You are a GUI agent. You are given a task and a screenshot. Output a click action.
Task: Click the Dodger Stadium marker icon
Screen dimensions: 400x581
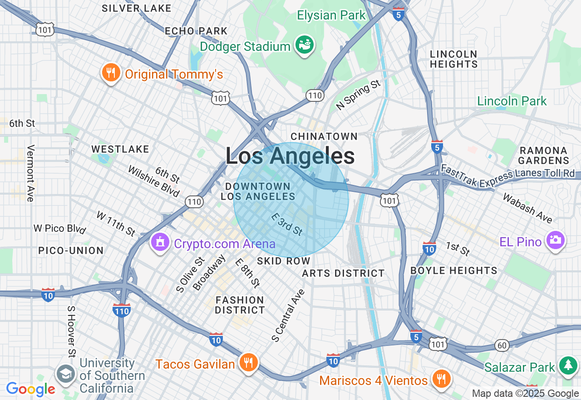tap(305, 45)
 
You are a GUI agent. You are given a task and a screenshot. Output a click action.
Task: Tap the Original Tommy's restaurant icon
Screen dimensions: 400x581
tap(110, 73)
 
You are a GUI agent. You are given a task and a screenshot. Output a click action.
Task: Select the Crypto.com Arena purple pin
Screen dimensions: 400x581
tap(160, 243)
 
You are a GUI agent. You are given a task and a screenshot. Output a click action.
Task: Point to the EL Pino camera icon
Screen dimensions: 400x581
tap(556, 240)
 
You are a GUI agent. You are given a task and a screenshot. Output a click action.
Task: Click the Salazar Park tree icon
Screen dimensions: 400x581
tap(568, 365)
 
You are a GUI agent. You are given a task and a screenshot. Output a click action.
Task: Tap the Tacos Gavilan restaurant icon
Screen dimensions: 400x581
tap(248, 363)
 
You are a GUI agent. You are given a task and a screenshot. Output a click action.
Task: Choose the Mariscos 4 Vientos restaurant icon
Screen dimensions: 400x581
tap(440, 379)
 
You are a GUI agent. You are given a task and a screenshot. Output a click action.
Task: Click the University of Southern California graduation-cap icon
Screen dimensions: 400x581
tap(66, 374)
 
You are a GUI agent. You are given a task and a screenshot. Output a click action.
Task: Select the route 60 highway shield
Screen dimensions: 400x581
tap(502, 345)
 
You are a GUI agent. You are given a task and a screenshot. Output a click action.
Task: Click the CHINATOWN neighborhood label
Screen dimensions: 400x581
tap(324, 136)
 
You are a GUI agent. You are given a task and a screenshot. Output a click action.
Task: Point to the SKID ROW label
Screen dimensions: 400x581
tap(284, 261)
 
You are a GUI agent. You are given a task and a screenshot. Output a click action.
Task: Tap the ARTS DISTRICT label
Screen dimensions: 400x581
tap(343, 273)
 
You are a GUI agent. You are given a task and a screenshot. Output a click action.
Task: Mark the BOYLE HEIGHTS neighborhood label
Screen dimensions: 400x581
tap(453, 270)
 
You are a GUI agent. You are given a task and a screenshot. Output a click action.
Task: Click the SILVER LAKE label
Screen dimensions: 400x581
tap(136, 8)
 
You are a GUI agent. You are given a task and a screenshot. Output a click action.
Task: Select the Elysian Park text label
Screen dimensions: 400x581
tap(331, 15)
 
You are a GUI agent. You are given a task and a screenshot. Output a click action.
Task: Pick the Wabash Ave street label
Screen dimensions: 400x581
tap(527, 209)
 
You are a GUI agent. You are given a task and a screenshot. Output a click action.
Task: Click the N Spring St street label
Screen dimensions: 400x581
tap(358, 95)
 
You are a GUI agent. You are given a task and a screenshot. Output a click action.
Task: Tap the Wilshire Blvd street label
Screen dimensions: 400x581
tap(154, 181)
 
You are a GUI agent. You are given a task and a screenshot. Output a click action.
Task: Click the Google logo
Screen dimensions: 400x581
tap(30, 389)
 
